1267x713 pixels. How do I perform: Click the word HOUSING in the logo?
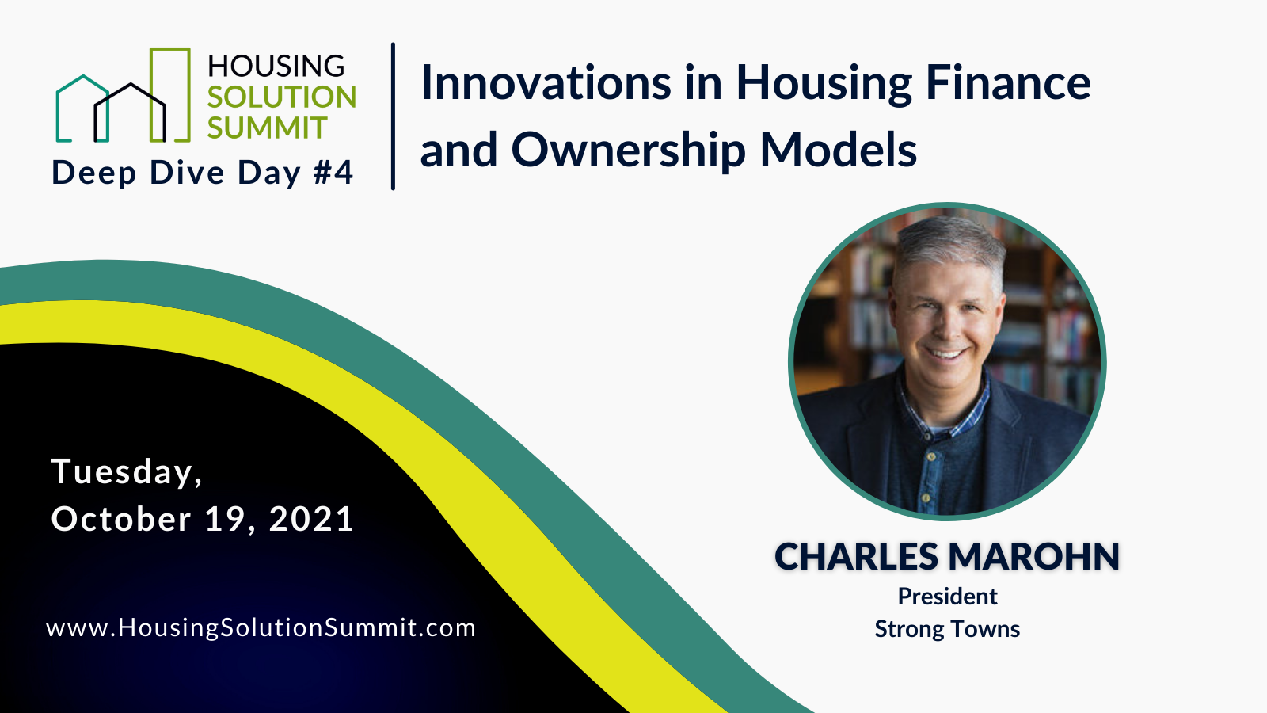click(276, 66)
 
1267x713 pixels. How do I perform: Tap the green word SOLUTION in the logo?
click(281, 97)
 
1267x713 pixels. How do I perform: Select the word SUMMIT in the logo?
click(267, 128)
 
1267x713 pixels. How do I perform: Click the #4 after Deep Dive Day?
click(333, 173)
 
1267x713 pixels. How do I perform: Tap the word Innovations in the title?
click(546, 82)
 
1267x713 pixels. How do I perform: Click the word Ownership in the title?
click(628, 150)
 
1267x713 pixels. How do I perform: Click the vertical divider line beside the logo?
click(393, 116)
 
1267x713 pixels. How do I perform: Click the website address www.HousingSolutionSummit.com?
click(261, 627)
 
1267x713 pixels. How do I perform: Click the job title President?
click(947, 596)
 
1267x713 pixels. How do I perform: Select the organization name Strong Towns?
click(947, 629)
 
